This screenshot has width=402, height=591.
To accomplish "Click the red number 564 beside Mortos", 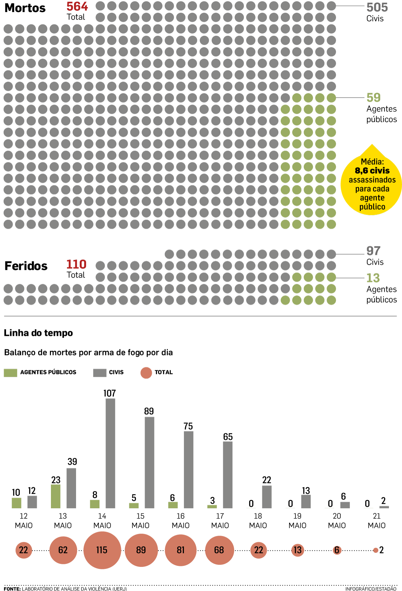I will pyautogui.click(x=77, y=6).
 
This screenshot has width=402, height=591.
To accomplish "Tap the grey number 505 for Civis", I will pyautogui.click(x=377, y=7).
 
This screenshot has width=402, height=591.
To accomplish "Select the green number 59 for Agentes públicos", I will pyautogui.click(x=373, y=97).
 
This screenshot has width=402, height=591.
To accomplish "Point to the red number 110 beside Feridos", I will pyautogui.click(x=76, y=265).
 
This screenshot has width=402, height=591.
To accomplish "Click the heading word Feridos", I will pyautogui.click(x=26, y=266).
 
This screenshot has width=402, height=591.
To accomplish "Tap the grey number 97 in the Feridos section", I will pyautogui.click(x=373, y=251).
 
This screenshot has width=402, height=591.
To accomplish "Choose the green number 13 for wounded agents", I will pyautogui.click(x=373, y=278).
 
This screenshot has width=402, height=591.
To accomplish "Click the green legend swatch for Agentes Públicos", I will pyautogui.click(x=10, y=373).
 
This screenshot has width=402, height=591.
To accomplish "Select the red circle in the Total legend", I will pyautogui.click(x=146, y=373).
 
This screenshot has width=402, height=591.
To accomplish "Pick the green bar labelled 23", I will pyautogui.click(x=56, y=496).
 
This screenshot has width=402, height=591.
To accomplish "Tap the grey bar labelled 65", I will pyautogui.click(x=228, y=475).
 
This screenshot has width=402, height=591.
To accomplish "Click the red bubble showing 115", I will pyautogui.click(x=102, y=550).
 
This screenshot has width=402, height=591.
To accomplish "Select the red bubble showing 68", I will pyautogui.click(x=219, y=550).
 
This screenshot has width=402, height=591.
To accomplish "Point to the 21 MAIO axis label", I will pyautogui.click(x=377, y=521).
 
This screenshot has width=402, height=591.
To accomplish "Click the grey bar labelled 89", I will pyautogui.click(x=149, y=462).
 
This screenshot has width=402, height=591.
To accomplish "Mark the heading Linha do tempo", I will pyautogui.click(x=38, y=333).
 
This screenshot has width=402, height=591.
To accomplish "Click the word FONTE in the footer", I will pyautogui.click(x=12, y=589).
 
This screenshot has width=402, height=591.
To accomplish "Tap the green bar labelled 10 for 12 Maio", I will pyautogui.click(x=16, y=503).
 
